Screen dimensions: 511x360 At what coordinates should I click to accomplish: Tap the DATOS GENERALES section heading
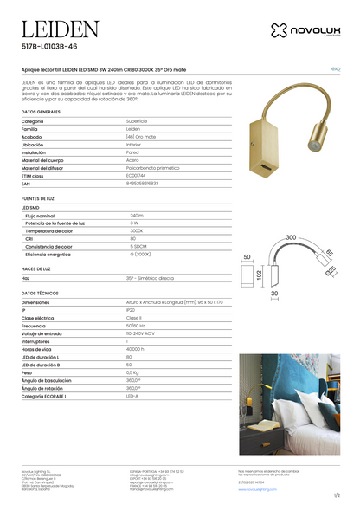tap(41, 113)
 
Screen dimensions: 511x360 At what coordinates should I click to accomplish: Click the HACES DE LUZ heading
tap(36, 269)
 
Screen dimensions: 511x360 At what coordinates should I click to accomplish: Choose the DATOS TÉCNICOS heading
tap(40, 294)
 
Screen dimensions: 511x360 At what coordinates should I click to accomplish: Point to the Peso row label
tap(29, 372)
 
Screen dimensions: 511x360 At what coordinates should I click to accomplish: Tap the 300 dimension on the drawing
tap(291, 236)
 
